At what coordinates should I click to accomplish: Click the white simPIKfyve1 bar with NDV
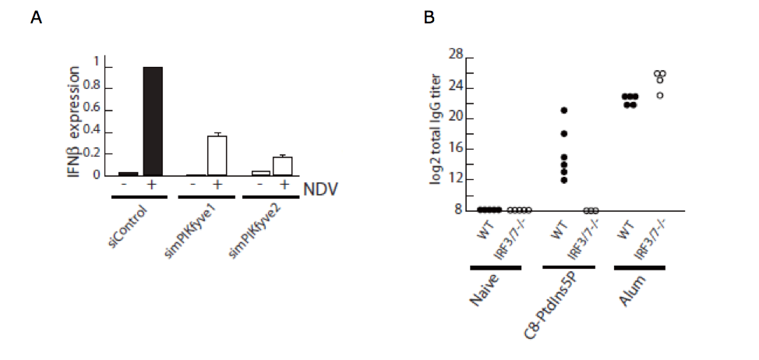pos(217,156)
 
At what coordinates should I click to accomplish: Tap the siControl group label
pos(125,224)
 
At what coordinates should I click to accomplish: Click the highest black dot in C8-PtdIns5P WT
pos(564,110)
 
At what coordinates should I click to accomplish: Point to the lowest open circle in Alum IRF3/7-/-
pos(660,96)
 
